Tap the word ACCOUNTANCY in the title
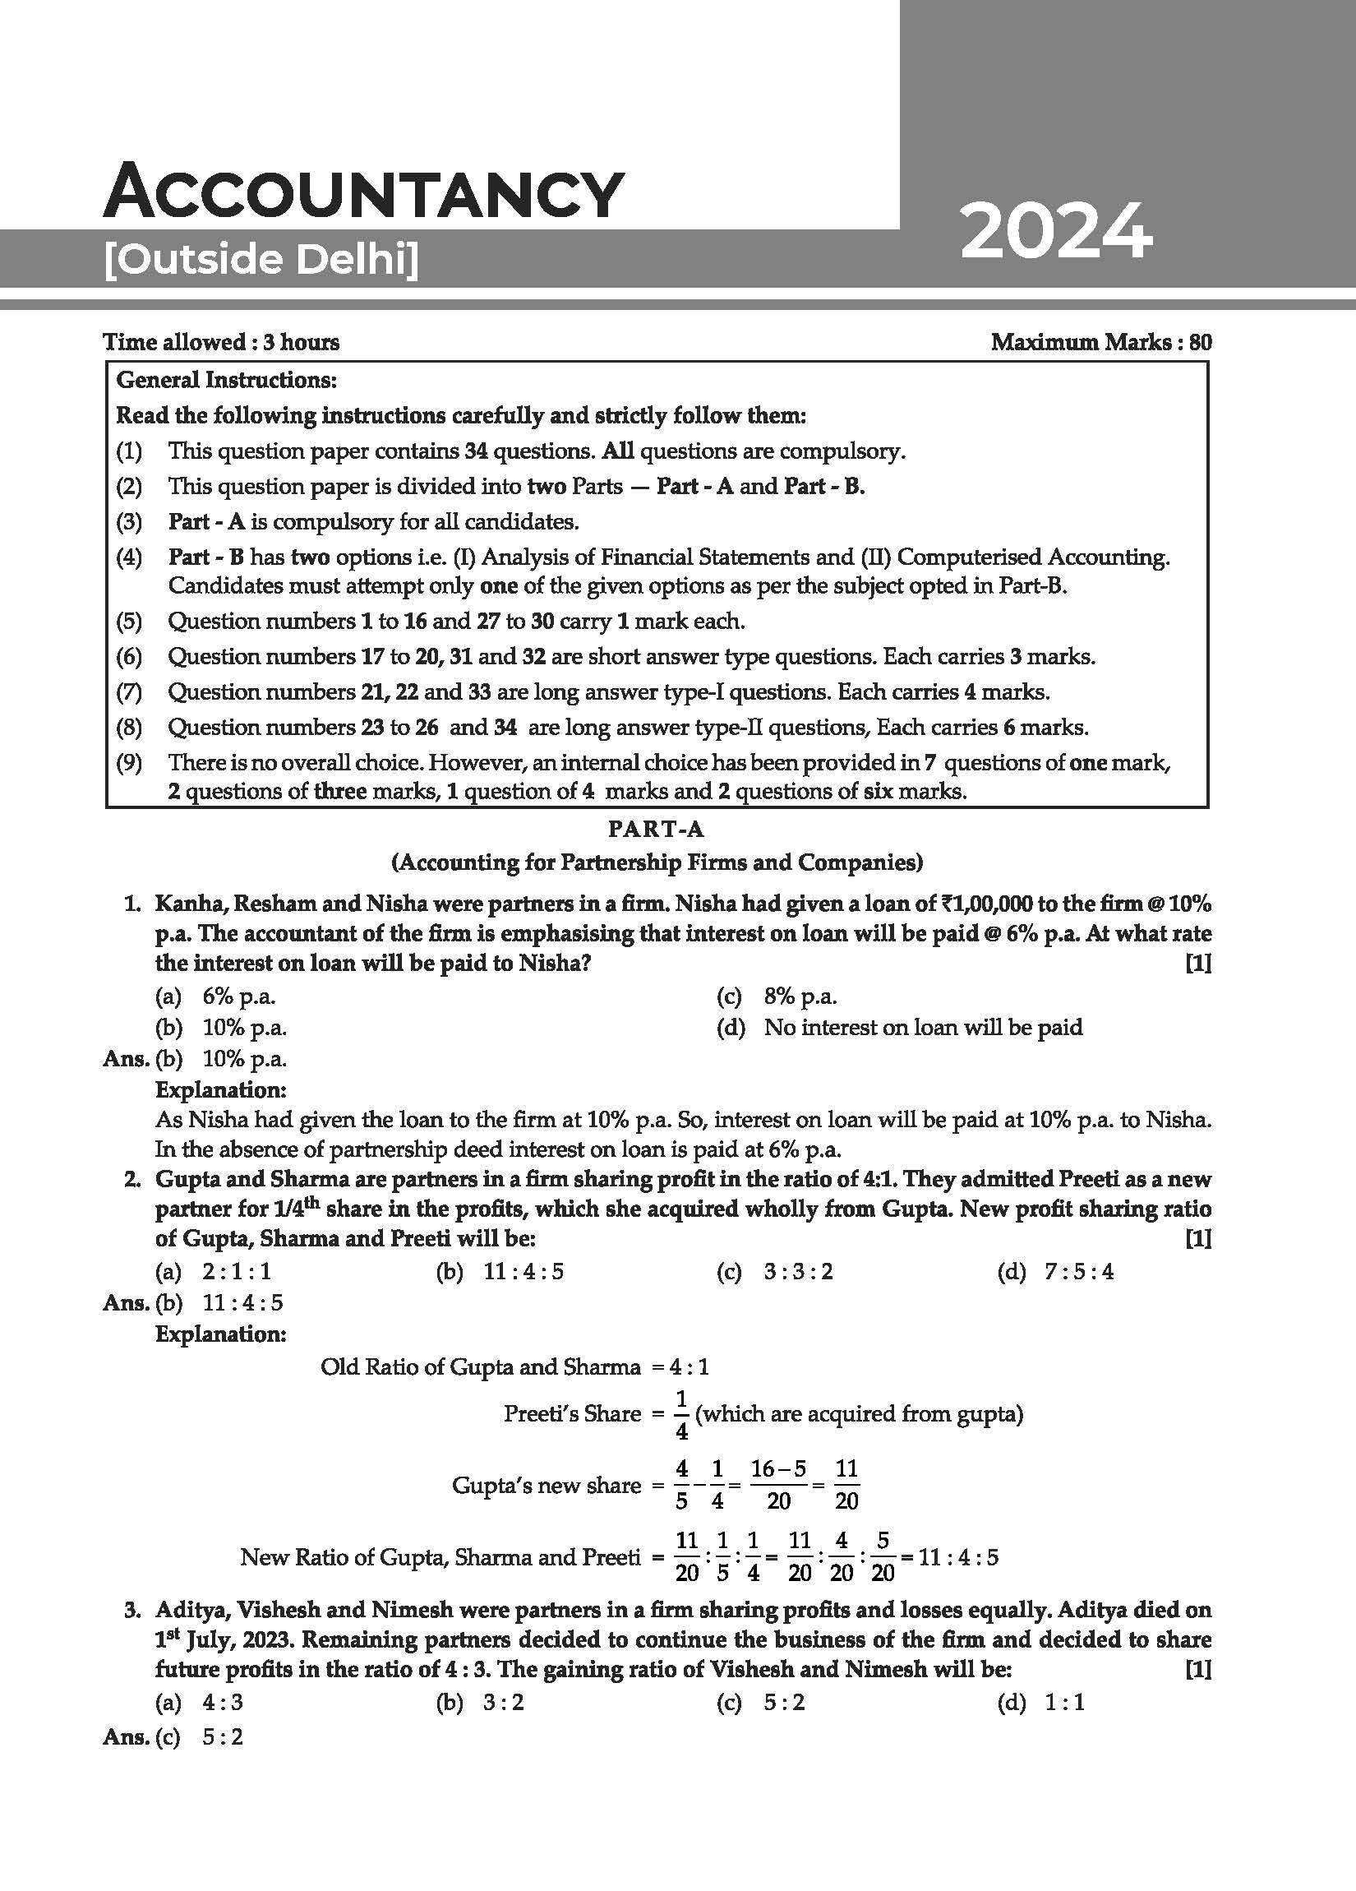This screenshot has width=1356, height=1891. (x=363, y=192)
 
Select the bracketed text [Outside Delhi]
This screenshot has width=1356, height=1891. (x=261, y=260)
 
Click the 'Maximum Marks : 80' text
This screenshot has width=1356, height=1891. (x=1100, y=342)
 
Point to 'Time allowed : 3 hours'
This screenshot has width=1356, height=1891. (x=221, y=342)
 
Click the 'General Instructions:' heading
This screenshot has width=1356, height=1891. (x=226, y=380)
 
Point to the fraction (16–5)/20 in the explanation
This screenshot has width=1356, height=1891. (x=777, y=1485)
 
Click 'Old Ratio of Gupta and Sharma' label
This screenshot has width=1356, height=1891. (x=480, y=1366)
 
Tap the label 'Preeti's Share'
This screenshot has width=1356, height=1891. (x=572, y=1413)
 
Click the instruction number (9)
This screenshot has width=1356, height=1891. (x=129, y=762)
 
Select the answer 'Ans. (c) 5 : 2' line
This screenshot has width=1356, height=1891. (x=173, y=1737)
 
